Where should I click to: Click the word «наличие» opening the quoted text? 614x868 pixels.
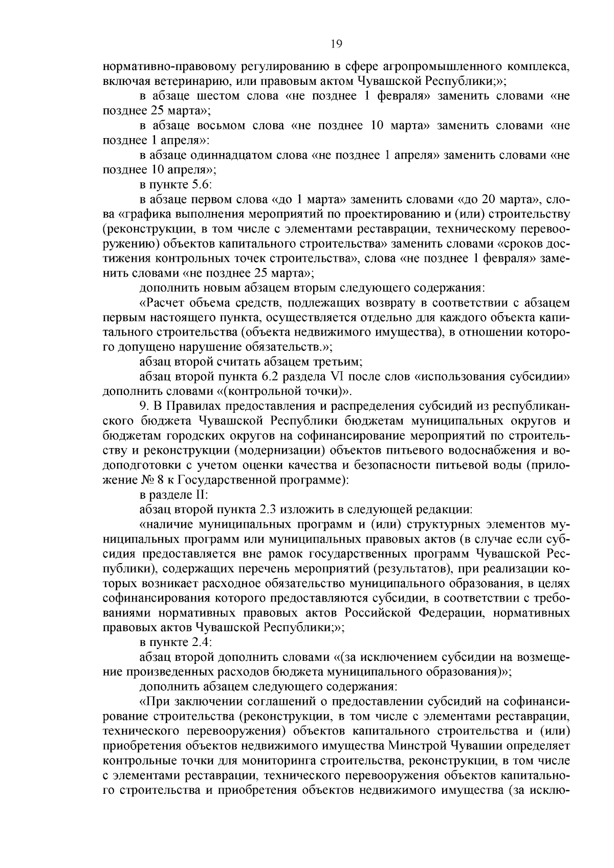[167, 525]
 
